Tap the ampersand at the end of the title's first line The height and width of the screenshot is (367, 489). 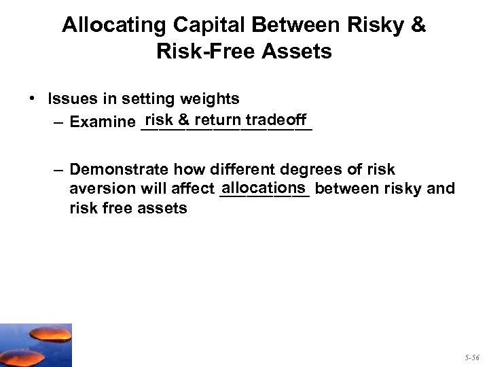click(418, 25)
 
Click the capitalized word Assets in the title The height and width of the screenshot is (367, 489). click(296, 51)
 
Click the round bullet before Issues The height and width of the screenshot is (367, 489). click(33, 99)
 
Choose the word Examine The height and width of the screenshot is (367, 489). click(102, 123)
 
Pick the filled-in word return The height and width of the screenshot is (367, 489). click(217, 120)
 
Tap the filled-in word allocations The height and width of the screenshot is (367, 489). click(264, 187)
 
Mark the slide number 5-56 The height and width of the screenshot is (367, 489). click(473, 355)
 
